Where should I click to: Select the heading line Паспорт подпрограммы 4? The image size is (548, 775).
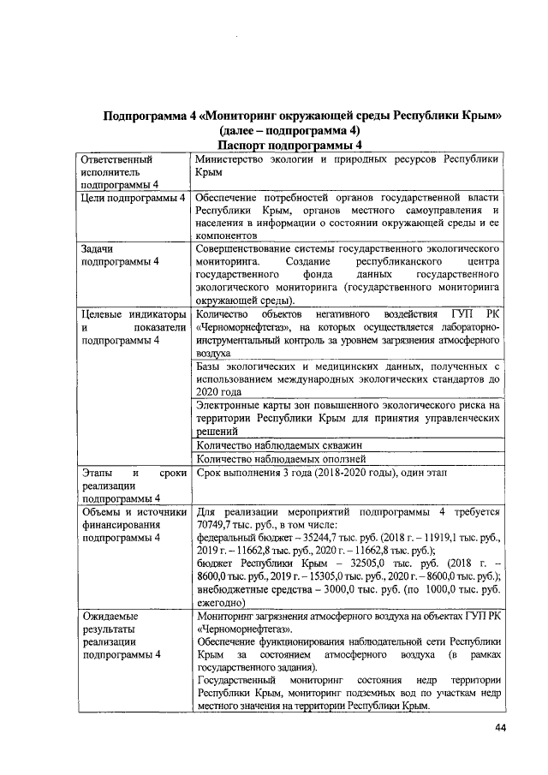tap(289, 146)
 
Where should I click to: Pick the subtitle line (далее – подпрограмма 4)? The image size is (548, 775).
tap(289, 131)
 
